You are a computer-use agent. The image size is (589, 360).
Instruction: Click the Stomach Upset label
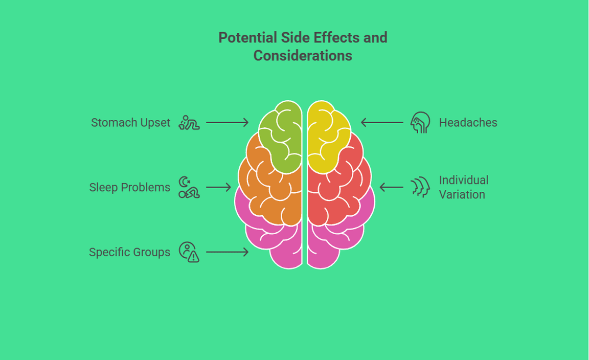[x=130, y=123]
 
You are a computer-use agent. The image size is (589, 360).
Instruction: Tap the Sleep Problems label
[x=129, y=188]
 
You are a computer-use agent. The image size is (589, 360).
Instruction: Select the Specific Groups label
[x=129, y=252]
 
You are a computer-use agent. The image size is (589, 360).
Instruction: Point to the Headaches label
[x=468, y=123]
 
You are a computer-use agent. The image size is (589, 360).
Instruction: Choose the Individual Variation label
[x=463, y=187]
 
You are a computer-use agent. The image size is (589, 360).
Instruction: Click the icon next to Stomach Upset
[x=189, y=123]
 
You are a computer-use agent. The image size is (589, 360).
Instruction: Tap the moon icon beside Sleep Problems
[x=189, y=187]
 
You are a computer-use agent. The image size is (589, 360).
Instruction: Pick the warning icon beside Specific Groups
[x=189, y=252]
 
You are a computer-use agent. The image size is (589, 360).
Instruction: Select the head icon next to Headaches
[x=420, y=123]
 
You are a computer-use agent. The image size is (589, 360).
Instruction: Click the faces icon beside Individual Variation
[x=420, y=187]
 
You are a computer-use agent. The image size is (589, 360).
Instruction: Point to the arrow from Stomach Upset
[x=227, y=123]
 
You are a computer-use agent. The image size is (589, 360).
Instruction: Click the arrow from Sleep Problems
[x=218, y=188]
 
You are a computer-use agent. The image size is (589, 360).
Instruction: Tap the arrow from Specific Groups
[x=227, y=252]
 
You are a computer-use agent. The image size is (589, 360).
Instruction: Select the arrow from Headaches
[x=382, y=123]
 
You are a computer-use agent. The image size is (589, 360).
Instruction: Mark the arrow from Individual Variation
[x=391, y=188]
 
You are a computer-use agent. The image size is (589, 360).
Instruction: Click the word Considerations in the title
[x=303, y=55]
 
